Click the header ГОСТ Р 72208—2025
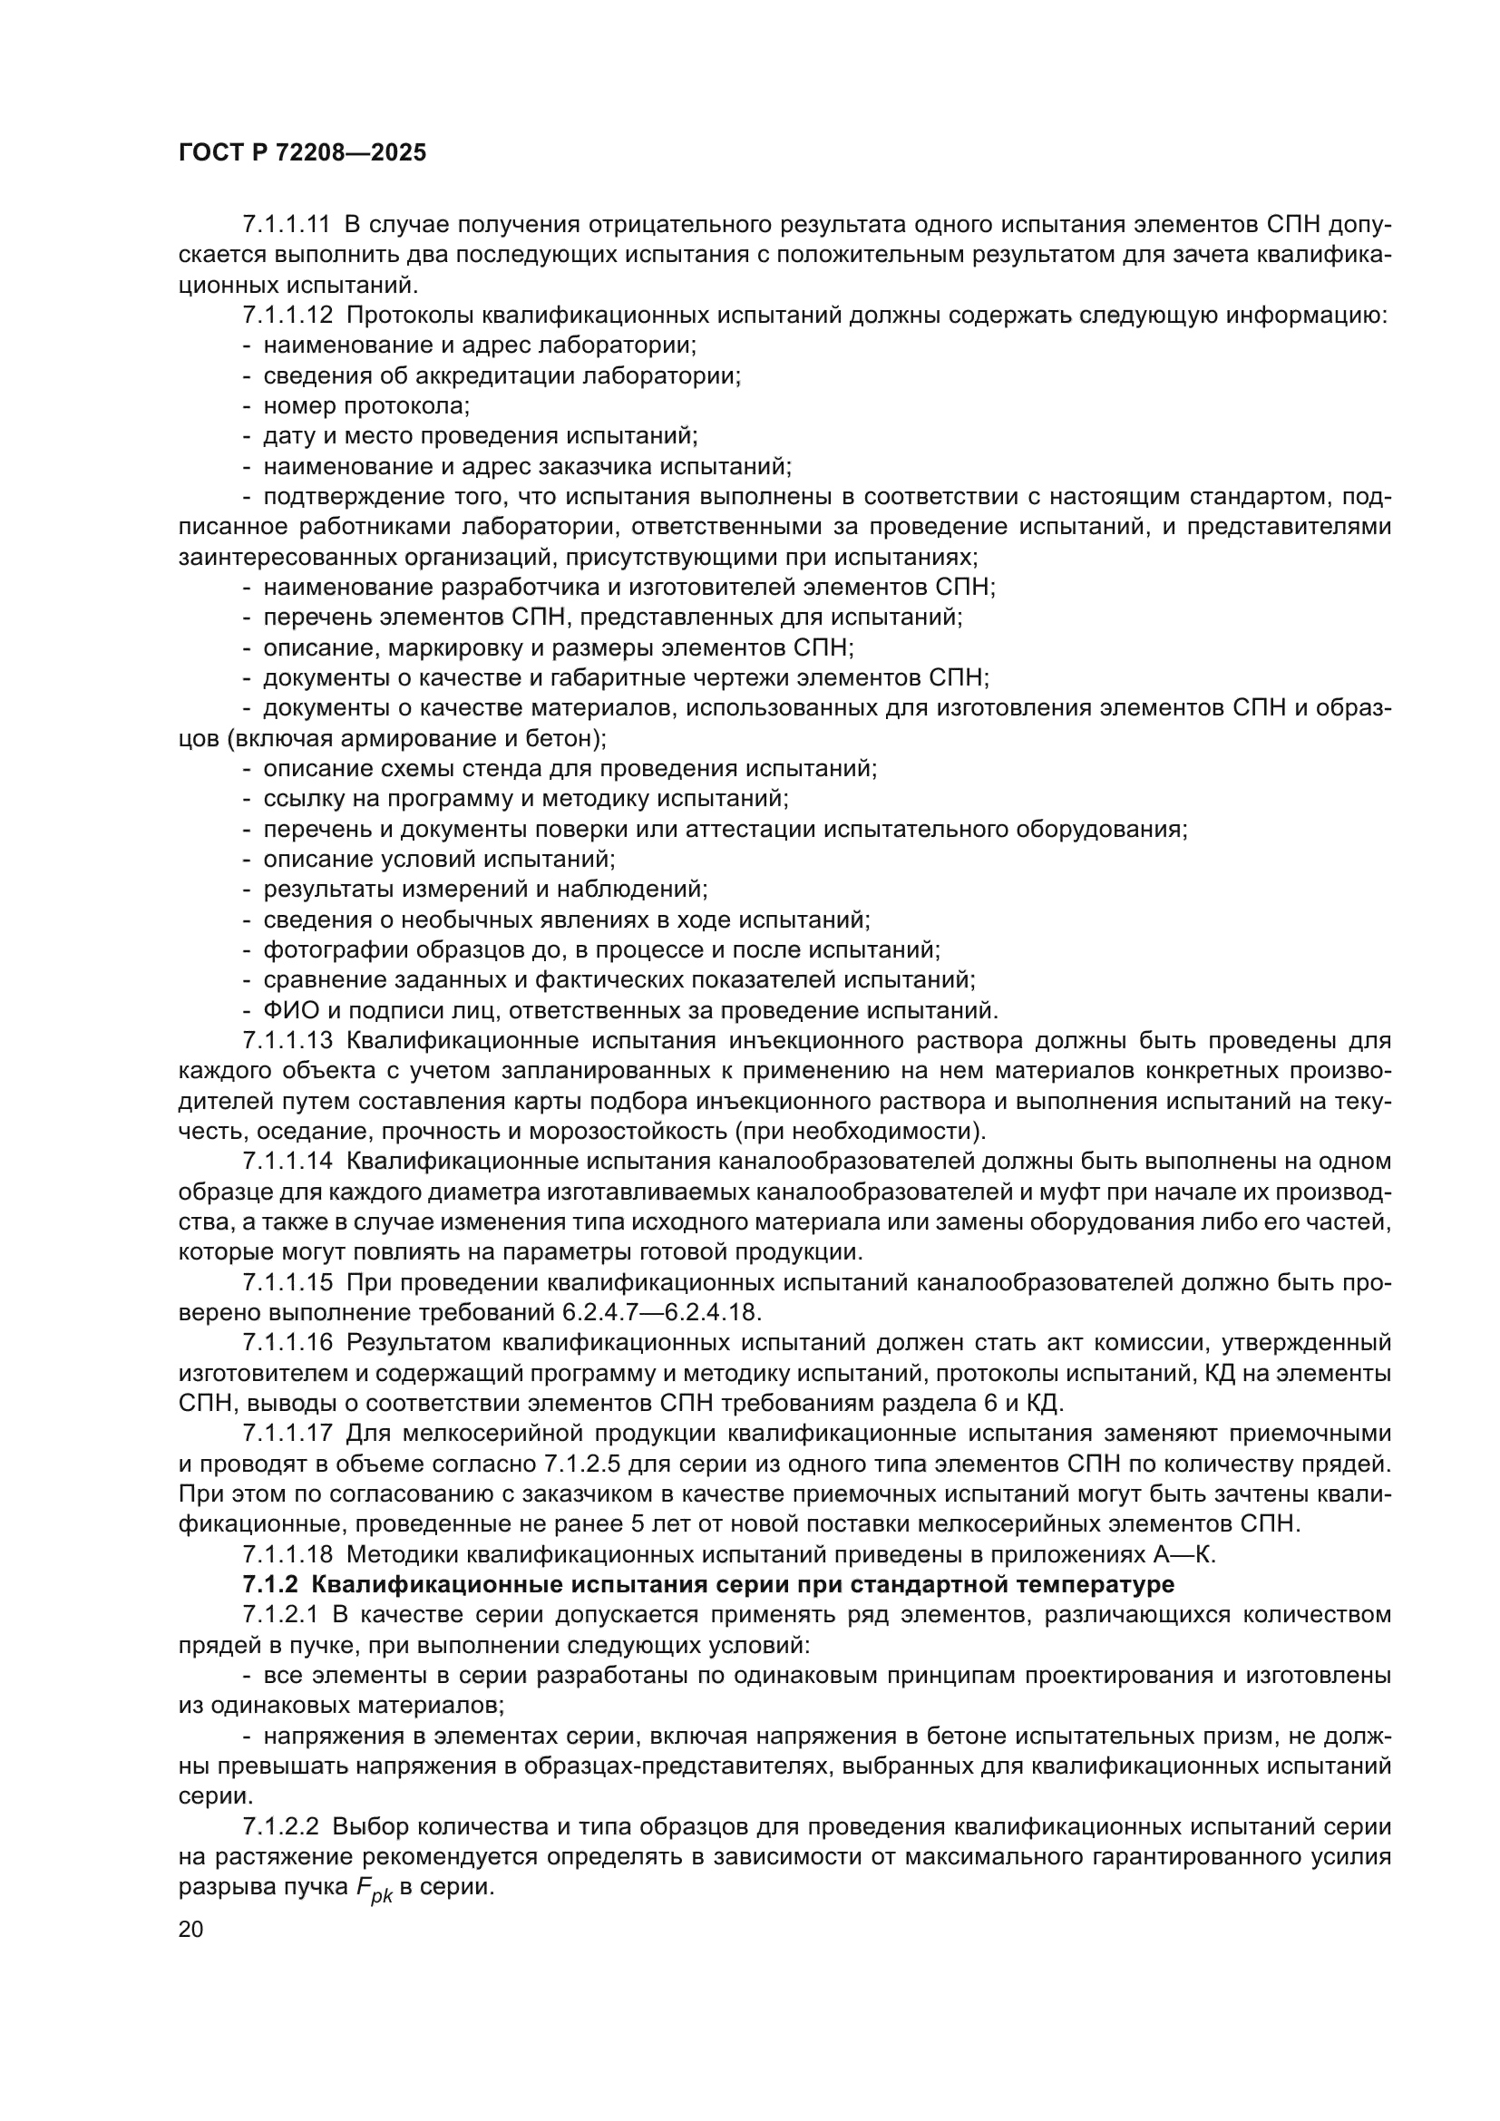point(302,153)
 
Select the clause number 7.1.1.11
point(287,225)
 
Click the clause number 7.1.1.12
point(287,315)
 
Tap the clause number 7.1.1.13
point(287,1041)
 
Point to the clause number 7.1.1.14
point(287,1162)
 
